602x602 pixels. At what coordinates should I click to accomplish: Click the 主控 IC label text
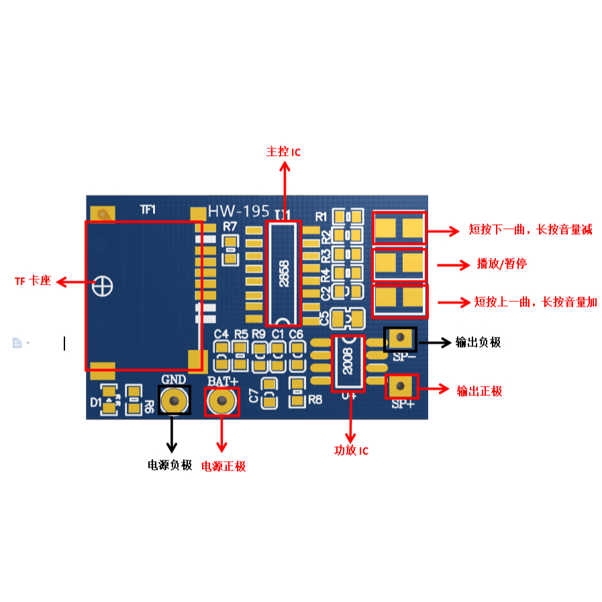coord(284,152)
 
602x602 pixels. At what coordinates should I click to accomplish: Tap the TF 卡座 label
coord(33,281)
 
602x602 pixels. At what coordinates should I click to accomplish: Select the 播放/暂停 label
coord(501,264)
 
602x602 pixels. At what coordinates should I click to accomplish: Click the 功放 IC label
coord(351,450)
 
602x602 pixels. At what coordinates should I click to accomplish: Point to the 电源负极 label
coord(170,464)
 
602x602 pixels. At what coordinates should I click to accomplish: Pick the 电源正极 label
coord(224,466)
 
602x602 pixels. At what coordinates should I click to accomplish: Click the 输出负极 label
coord(478,342)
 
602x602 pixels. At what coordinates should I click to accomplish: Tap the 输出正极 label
coord(479,391)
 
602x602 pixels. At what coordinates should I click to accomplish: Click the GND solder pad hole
coord(174,401)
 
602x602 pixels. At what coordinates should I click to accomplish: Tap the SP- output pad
coord(400,338)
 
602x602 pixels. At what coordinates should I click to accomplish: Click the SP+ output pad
coord(401,387)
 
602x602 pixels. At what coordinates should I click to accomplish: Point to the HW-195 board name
coord(237,211)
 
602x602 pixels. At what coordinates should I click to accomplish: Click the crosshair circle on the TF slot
coord(103,285)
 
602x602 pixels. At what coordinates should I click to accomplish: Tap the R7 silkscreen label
coord(230,226)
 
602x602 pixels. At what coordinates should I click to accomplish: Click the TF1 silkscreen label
coord(148,209)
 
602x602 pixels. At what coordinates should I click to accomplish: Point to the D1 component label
coord(95,403)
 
